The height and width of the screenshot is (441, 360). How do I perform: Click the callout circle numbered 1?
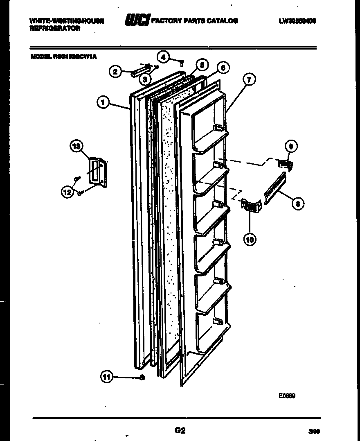[103, 102]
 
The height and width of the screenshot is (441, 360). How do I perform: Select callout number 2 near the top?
[115, 72]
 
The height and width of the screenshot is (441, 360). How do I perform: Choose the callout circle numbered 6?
[223, 68]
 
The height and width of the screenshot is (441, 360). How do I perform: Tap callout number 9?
[291, 146]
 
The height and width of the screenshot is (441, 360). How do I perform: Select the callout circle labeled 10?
[250, 239]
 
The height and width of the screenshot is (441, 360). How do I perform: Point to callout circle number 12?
[67, 191]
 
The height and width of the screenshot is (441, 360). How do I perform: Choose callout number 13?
[76, 146]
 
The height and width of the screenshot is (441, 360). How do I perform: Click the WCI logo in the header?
[137, 20]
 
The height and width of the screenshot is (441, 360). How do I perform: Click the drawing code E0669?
[287, 396]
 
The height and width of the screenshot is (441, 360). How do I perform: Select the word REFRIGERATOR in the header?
[55, 29]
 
